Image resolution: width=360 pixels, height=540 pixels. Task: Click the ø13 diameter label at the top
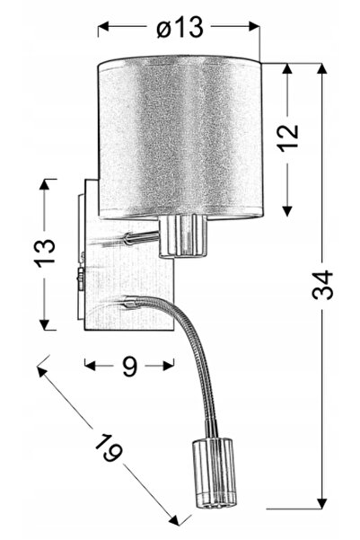pos(180,27)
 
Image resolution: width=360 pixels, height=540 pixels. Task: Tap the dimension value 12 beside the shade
pos(288,136)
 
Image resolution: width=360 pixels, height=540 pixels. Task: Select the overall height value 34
pos(322,285)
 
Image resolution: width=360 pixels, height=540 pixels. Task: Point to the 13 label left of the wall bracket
pos(44,249)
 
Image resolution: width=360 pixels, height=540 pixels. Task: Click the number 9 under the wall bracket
pos(130,365)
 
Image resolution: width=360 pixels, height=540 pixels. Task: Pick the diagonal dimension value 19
pos(108,448)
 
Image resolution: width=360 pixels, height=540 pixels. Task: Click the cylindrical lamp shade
pos(180,137)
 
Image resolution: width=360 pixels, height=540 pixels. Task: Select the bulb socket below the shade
pos(183,235)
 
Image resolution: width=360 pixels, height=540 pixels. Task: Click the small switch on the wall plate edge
pos(81,279)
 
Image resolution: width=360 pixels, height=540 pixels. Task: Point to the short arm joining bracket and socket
pos(141,237)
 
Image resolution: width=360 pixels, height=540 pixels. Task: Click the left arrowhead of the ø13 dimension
pos(103,27)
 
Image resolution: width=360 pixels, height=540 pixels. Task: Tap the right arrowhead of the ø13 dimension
pos(254,27)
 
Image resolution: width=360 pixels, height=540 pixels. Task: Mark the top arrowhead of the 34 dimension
pos(321,68)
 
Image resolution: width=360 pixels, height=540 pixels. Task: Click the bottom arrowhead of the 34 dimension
pos(321,503)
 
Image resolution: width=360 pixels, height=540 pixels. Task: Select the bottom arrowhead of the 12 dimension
pos(287,210)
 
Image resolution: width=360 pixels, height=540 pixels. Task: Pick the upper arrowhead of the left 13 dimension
pos(44,184)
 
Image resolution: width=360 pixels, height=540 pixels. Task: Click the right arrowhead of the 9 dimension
pos(168,366)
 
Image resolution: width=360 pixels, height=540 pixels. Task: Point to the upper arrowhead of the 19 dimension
pos(43,373)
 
